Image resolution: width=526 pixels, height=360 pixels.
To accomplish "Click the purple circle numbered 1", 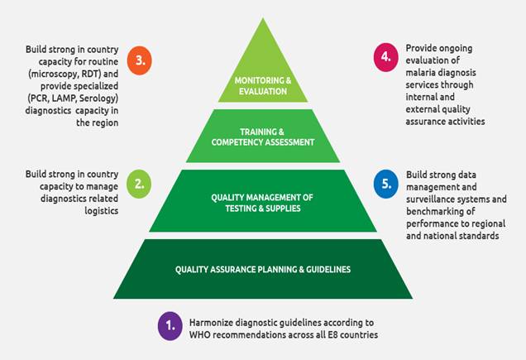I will (170, 327).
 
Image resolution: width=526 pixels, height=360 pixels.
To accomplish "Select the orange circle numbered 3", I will (140, 61).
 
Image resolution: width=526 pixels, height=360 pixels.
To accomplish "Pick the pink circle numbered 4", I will (385, 57).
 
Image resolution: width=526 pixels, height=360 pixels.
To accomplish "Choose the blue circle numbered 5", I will (385, 185).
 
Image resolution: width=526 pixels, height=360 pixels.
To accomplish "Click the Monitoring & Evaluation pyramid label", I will (264, 86).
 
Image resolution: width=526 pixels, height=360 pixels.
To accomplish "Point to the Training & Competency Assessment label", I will (264, 137).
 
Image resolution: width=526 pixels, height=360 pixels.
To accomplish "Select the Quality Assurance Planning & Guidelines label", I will (264, 269).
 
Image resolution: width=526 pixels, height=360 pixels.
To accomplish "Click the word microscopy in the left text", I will (74, 74).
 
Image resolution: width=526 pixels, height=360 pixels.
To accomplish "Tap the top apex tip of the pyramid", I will (264, 18).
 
